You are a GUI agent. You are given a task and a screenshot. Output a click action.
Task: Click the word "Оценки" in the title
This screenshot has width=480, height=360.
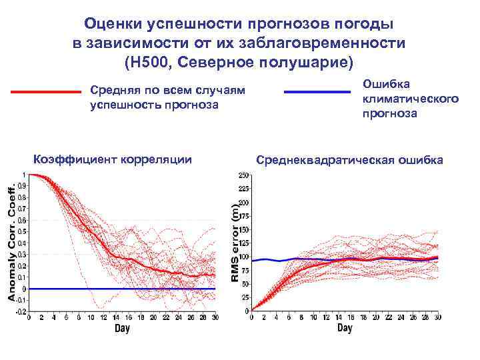pyautogui.click(x=110, y=24)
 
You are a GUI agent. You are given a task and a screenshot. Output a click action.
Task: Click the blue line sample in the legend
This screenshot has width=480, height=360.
pyautogui.click(x=317, y=92)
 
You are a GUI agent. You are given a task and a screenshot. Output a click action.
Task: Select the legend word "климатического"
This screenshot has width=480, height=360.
pyautogui.click(x=411, y=99)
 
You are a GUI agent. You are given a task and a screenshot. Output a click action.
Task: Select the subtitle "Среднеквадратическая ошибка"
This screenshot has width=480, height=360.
pyautogui.click(x=350, y=160)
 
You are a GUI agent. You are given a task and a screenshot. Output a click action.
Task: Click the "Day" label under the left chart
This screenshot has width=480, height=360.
pyautogui.click(x=122, y=329)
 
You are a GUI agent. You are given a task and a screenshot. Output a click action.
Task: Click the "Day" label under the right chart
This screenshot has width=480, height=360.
pyautogui.click(x=345, y=329)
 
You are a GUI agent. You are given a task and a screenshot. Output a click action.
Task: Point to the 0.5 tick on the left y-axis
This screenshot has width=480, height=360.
pyautogui.click(x=22, y=231)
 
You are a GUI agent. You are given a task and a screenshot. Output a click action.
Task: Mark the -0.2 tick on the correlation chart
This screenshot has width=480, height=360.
pyautogui.click(x=21, y=311)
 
